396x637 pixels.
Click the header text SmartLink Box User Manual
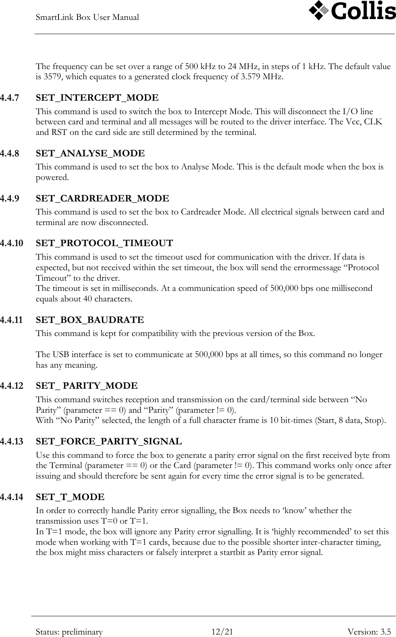click(87, 17)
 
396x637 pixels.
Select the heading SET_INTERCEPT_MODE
click(97, 98)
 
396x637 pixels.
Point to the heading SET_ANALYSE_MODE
click(90, 154)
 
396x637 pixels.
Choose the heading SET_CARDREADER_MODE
click(102, 199)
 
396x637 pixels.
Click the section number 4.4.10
click(11, 243)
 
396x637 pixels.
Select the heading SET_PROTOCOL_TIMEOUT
click(104, 243)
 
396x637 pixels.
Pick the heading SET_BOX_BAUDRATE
click(90, 320)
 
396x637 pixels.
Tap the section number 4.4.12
click(11, 386)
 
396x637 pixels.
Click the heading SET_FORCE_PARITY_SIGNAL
click(109, 442)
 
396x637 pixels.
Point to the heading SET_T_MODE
click(70, 497)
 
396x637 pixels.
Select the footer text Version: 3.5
click(370, 632)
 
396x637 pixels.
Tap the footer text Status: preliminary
click(69, 632)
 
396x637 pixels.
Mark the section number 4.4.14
click(11, 497)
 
